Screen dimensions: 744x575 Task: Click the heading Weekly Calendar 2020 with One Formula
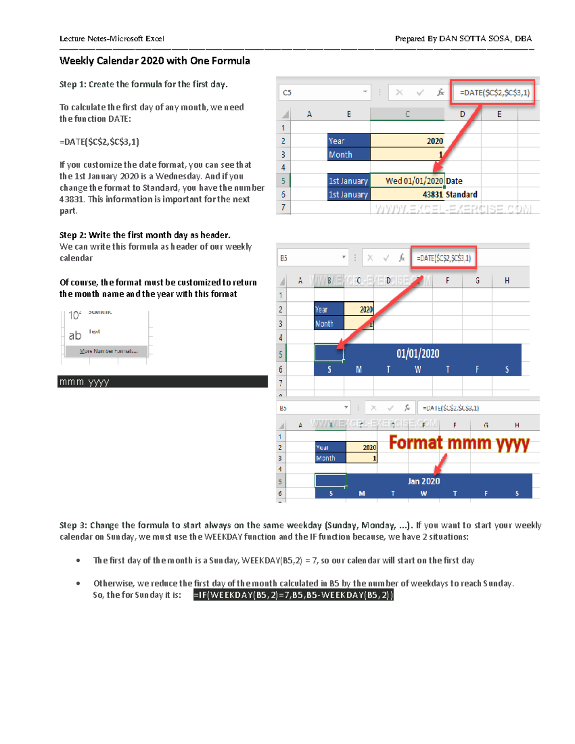coord(154,61)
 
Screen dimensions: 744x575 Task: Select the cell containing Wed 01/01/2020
coord(407,181)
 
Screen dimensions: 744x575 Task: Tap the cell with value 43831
coord(407,194)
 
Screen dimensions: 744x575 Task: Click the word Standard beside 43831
coord(461,194)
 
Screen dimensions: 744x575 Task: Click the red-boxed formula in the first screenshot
coord(494,92)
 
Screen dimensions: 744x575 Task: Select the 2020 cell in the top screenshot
coord(407,141)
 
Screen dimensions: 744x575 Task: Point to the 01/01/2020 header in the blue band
coord(417,354)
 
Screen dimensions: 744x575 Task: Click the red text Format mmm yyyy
coord(459,443)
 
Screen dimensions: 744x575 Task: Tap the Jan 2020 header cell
coord(424,481)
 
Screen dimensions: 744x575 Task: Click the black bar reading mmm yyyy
coord(162,382)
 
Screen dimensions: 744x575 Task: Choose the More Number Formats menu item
coord(108,351)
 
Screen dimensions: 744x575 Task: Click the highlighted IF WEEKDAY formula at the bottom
coord(293,595)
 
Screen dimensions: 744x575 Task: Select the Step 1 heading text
coord(143,84)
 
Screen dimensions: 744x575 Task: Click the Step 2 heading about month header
coord(145,235)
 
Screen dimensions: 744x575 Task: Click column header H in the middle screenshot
coord(506,280)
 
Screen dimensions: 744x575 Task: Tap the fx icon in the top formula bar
coord(440,92)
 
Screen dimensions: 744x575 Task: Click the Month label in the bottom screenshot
coord(326,458)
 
